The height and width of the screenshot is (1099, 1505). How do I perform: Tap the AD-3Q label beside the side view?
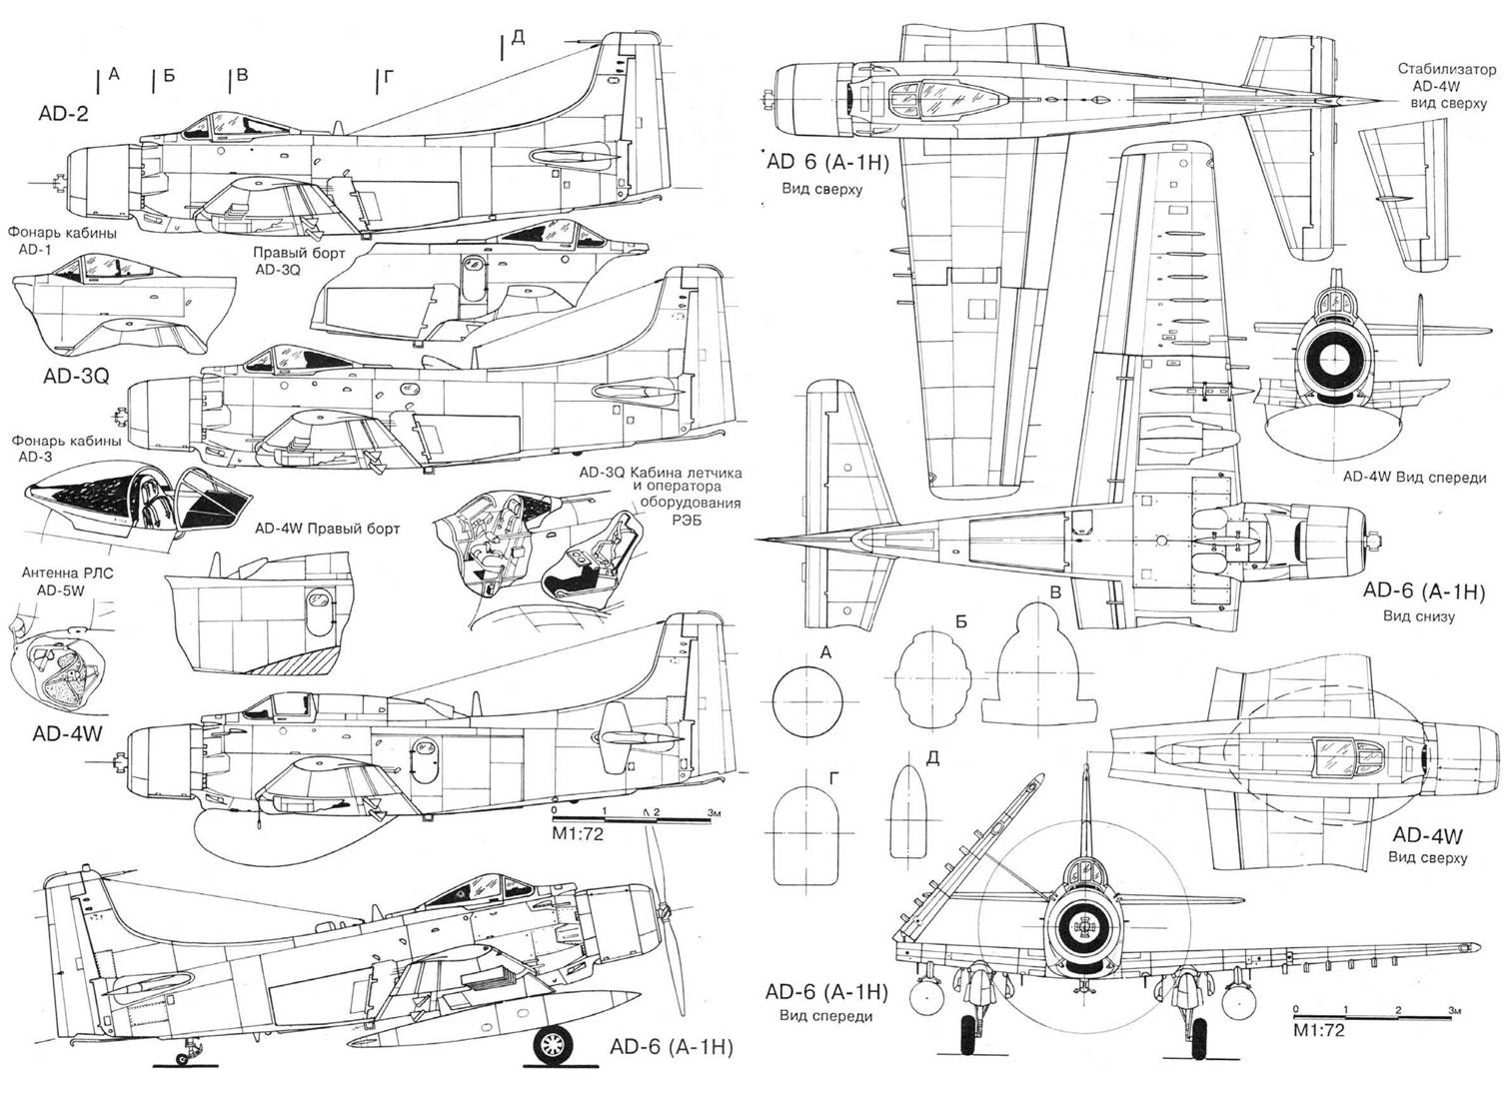click(x=76, y=376)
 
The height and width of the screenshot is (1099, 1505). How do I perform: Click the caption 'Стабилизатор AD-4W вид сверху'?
click(x=1447, y=87)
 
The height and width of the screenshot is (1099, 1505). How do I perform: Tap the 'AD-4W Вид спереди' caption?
click(x=1413, y=477)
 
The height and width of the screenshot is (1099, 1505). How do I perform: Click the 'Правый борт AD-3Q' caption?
click(x=299, y=261)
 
